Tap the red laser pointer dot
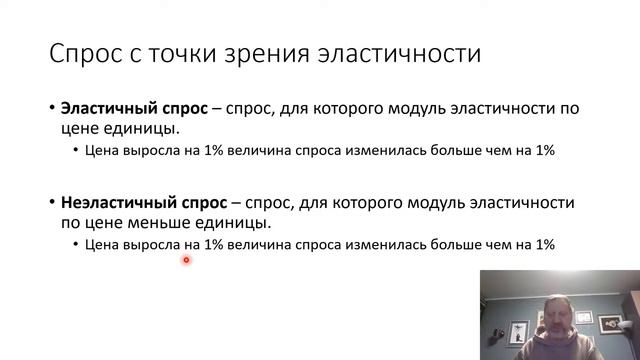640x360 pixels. pos(186,260)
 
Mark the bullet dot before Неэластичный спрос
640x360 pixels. pos(51,202)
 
